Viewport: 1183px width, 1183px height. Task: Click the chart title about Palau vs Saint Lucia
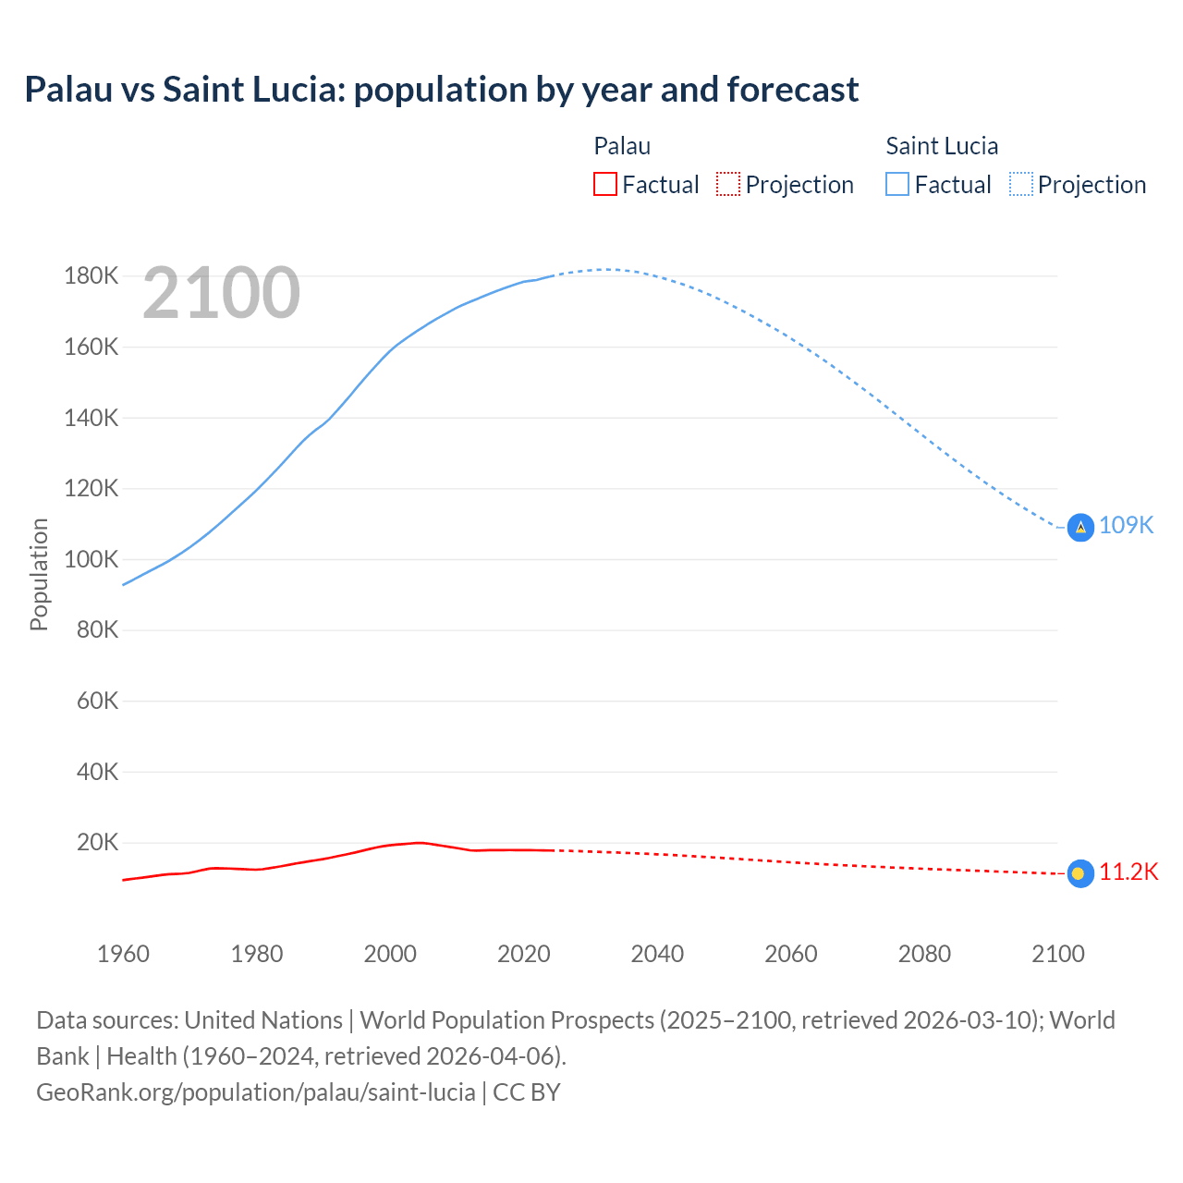(442, 90)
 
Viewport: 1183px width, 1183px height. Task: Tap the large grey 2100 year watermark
(222, 293)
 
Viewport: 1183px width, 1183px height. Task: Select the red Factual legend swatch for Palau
(604, 185)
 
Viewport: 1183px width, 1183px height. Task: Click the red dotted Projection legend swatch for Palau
(728, 185)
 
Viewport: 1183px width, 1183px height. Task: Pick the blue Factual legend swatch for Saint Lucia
(896, 185)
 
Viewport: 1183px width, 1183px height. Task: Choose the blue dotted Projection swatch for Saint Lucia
(1020, 185)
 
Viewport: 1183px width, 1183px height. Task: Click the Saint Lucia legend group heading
(942, 146)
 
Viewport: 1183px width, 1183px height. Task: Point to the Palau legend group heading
(622, 146)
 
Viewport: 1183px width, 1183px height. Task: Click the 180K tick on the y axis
(91, 276)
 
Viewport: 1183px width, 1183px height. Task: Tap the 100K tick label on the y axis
(91, 560)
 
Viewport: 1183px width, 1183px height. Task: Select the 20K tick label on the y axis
(98, 843)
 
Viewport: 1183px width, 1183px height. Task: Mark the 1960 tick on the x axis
(123, 954)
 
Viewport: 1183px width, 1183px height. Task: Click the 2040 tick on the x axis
(657, 954)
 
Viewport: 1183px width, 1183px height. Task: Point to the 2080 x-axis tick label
(924, 954)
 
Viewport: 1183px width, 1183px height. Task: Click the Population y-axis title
(39, 574)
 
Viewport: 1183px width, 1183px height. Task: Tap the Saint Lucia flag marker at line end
(1080, 527)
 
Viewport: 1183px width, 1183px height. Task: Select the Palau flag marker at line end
(1080, 873)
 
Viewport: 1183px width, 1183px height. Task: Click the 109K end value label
(1127, 526)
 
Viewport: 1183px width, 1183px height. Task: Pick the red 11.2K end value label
(1128, 872)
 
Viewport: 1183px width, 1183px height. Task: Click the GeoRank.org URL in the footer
(256, 1092)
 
